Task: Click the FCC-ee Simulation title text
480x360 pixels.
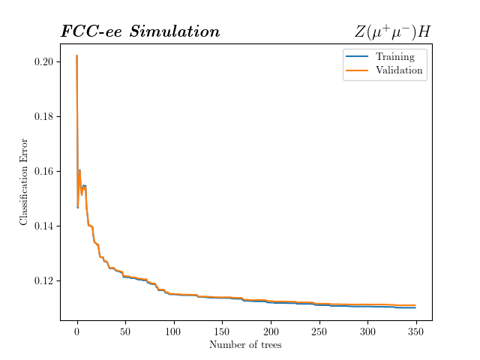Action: point(140,32)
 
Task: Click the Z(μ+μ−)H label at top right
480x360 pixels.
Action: point(392,32)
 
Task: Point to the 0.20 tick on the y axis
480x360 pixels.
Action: point(44,61)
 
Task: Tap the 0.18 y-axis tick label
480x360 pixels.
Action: point(44,116)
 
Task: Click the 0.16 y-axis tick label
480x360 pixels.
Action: point(44,171)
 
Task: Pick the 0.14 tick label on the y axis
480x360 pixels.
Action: point(44,226)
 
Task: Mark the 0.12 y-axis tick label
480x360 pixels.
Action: point(44,280)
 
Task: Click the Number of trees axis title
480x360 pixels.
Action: point(246,345)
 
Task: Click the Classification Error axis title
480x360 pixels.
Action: point(24,181)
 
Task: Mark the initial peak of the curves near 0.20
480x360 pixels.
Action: point(77,56)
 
